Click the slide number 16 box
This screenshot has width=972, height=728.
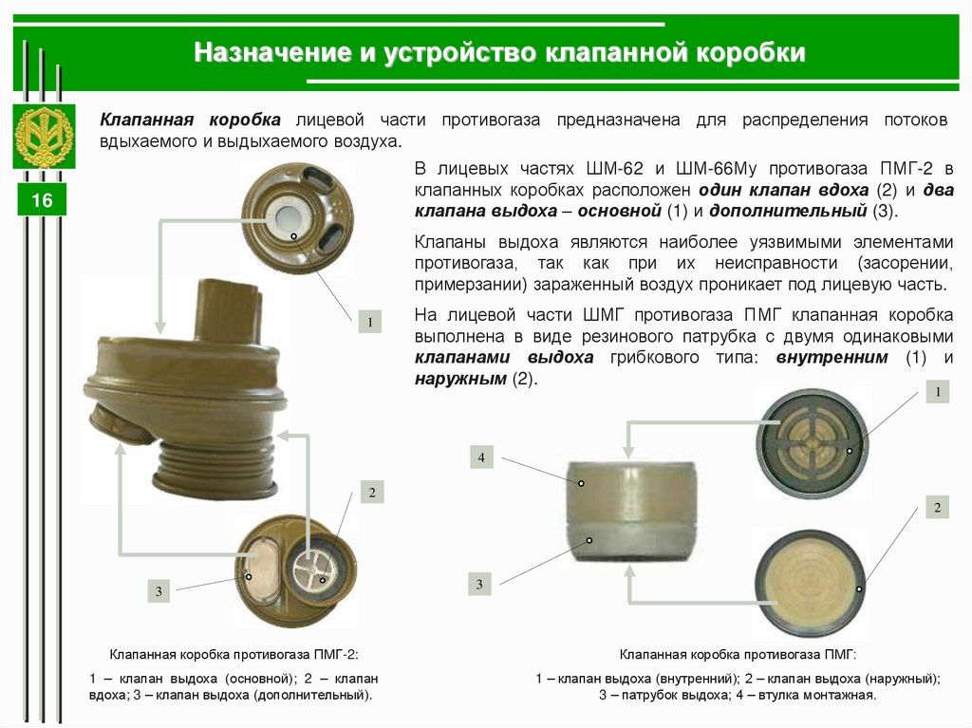point(42,199)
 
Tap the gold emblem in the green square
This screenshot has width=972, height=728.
point(44,137)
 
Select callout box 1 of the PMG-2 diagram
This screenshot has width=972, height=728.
point(370,322)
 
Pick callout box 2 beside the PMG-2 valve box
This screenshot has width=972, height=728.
point(372,493)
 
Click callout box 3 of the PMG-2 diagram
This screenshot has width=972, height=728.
point(159,591)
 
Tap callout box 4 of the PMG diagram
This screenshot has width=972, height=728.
point(481,457)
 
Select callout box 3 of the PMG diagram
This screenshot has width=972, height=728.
point(479,584)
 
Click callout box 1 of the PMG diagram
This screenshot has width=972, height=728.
point(938,392)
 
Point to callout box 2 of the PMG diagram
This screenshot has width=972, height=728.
point(937,507)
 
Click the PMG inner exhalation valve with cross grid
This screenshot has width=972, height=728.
point(813,444)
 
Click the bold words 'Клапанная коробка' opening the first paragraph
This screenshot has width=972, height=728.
point(190,120)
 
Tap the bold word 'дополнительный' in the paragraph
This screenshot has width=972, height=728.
point(788,212)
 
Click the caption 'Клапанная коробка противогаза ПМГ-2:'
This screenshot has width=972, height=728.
point(234,655)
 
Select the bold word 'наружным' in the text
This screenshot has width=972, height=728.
point(460,379)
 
